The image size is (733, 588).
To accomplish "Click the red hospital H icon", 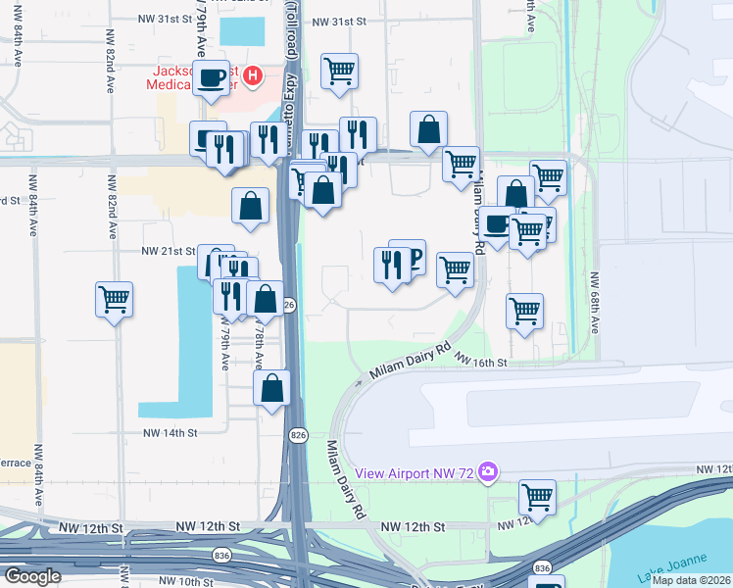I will [252, 74].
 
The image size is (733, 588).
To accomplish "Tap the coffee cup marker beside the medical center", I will [212, 78].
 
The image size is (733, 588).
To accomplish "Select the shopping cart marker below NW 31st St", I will [339, 71].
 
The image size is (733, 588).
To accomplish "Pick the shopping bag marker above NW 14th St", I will [271, 388].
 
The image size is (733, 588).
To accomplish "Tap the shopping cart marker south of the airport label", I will [537, 497].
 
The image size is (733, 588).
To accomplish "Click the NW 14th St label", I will [171, 432].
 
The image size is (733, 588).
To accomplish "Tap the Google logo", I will [32, 576].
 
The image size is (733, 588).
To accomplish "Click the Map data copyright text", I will [691, 580].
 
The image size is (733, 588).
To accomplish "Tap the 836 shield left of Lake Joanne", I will [542, 567].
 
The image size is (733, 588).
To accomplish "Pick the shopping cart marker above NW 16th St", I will [524, 311].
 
